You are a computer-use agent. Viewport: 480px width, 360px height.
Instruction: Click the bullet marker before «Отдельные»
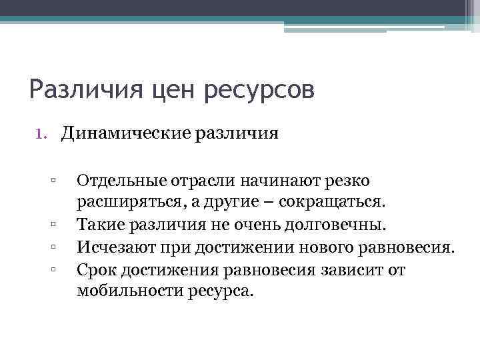[x=51, y=180]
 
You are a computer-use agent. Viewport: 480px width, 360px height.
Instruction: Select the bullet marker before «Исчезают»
[x=51, y=248]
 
